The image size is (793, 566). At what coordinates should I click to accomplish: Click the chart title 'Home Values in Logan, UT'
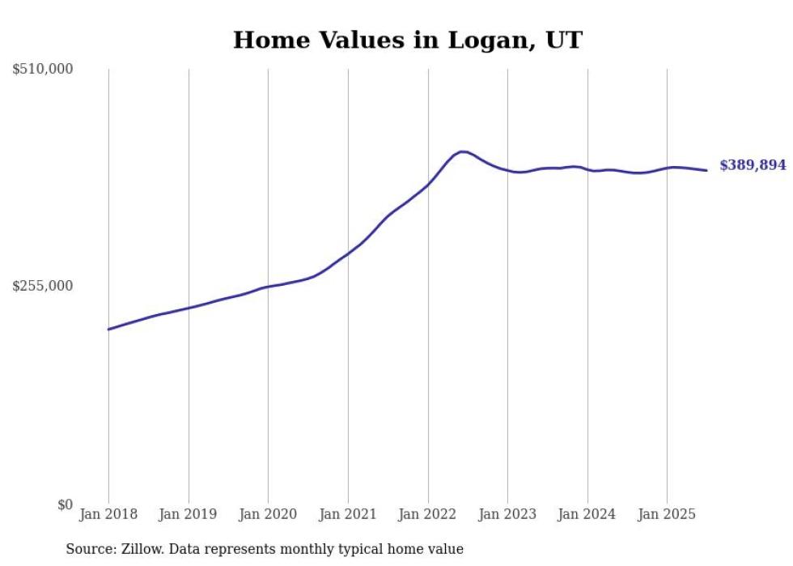click(x=407, y=40)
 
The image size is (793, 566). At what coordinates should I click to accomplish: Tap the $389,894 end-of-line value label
click(x=753, y=165)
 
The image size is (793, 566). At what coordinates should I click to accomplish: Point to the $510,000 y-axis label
click(x=43, y=70)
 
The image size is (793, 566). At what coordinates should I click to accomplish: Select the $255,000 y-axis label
click(x=43, y=286)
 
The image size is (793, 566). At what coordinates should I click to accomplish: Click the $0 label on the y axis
click(x=65, y=504)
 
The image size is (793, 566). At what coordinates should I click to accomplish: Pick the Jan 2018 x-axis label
click(x=108, y=514)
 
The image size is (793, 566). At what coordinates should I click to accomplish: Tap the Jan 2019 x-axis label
click(x=189, y=514)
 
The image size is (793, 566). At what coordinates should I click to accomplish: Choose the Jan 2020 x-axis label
click(x=268, y=514)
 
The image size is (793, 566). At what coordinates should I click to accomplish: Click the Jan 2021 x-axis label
click(x=348, y=514)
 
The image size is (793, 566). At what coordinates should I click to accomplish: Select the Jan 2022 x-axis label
click(x=428, y=514)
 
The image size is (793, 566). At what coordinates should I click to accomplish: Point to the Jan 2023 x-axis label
click(x=507, y=514)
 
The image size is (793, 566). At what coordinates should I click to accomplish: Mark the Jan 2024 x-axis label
click(x=587, y=514)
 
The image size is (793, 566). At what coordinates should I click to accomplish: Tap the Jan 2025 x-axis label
click(x=667, y=514)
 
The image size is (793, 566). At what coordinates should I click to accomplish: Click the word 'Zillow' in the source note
click(x=140, y=550)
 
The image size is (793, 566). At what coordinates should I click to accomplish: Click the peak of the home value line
click(x=462, y=151)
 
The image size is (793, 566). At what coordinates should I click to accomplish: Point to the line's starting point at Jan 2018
click(x=108, y=330)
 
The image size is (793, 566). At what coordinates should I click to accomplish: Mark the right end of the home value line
click(x=706, y=170)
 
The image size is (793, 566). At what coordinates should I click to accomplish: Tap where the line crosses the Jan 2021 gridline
click(x=348, y=253)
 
